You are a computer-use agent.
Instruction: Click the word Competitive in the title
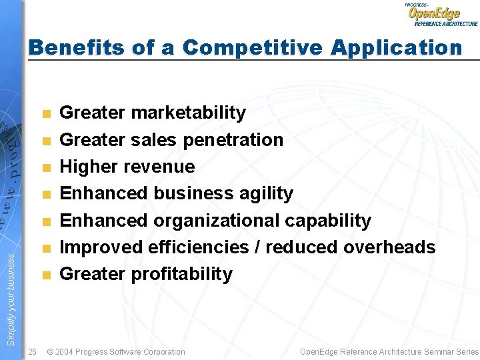(x=252, y=47)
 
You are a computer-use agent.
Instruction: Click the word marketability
(x=189, y=113)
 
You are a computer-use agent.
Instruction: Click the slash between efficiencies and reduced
(x=257, y=247)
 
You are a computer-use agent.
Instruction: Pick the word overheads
(x=389, y=247)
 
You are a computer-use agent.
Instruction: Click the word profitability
(x=182, y=274)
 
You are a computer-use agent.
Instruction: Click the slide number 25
(x=33, y=351)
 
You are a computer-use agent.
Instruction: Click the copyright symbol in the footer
(x=51, y=351)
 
